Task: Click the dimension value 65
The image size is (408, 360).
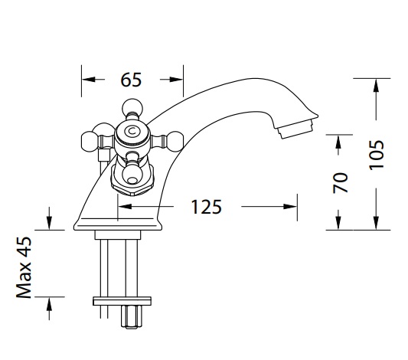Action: [x=131, y=80]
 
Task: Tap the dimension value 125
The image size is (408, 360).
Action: [x=207, y=207]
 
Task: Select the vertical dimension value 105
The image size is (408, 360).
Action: [x=377, y=155]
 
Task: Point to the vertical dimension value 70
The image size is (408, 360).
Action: [x=341, y=183]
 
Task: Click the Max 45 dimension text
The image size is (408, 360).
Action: [x=24, y=267]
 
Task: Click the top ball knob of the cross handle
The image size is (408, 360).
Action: [x=132, y=107]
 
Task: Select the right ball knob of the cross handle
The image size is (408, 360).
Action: [x=175, y=142]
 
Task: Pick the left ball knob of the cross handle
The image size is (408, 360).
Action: [x=90, y=142]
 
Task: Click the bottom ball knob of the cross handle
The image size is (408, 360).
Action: [x=132, y=176]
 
